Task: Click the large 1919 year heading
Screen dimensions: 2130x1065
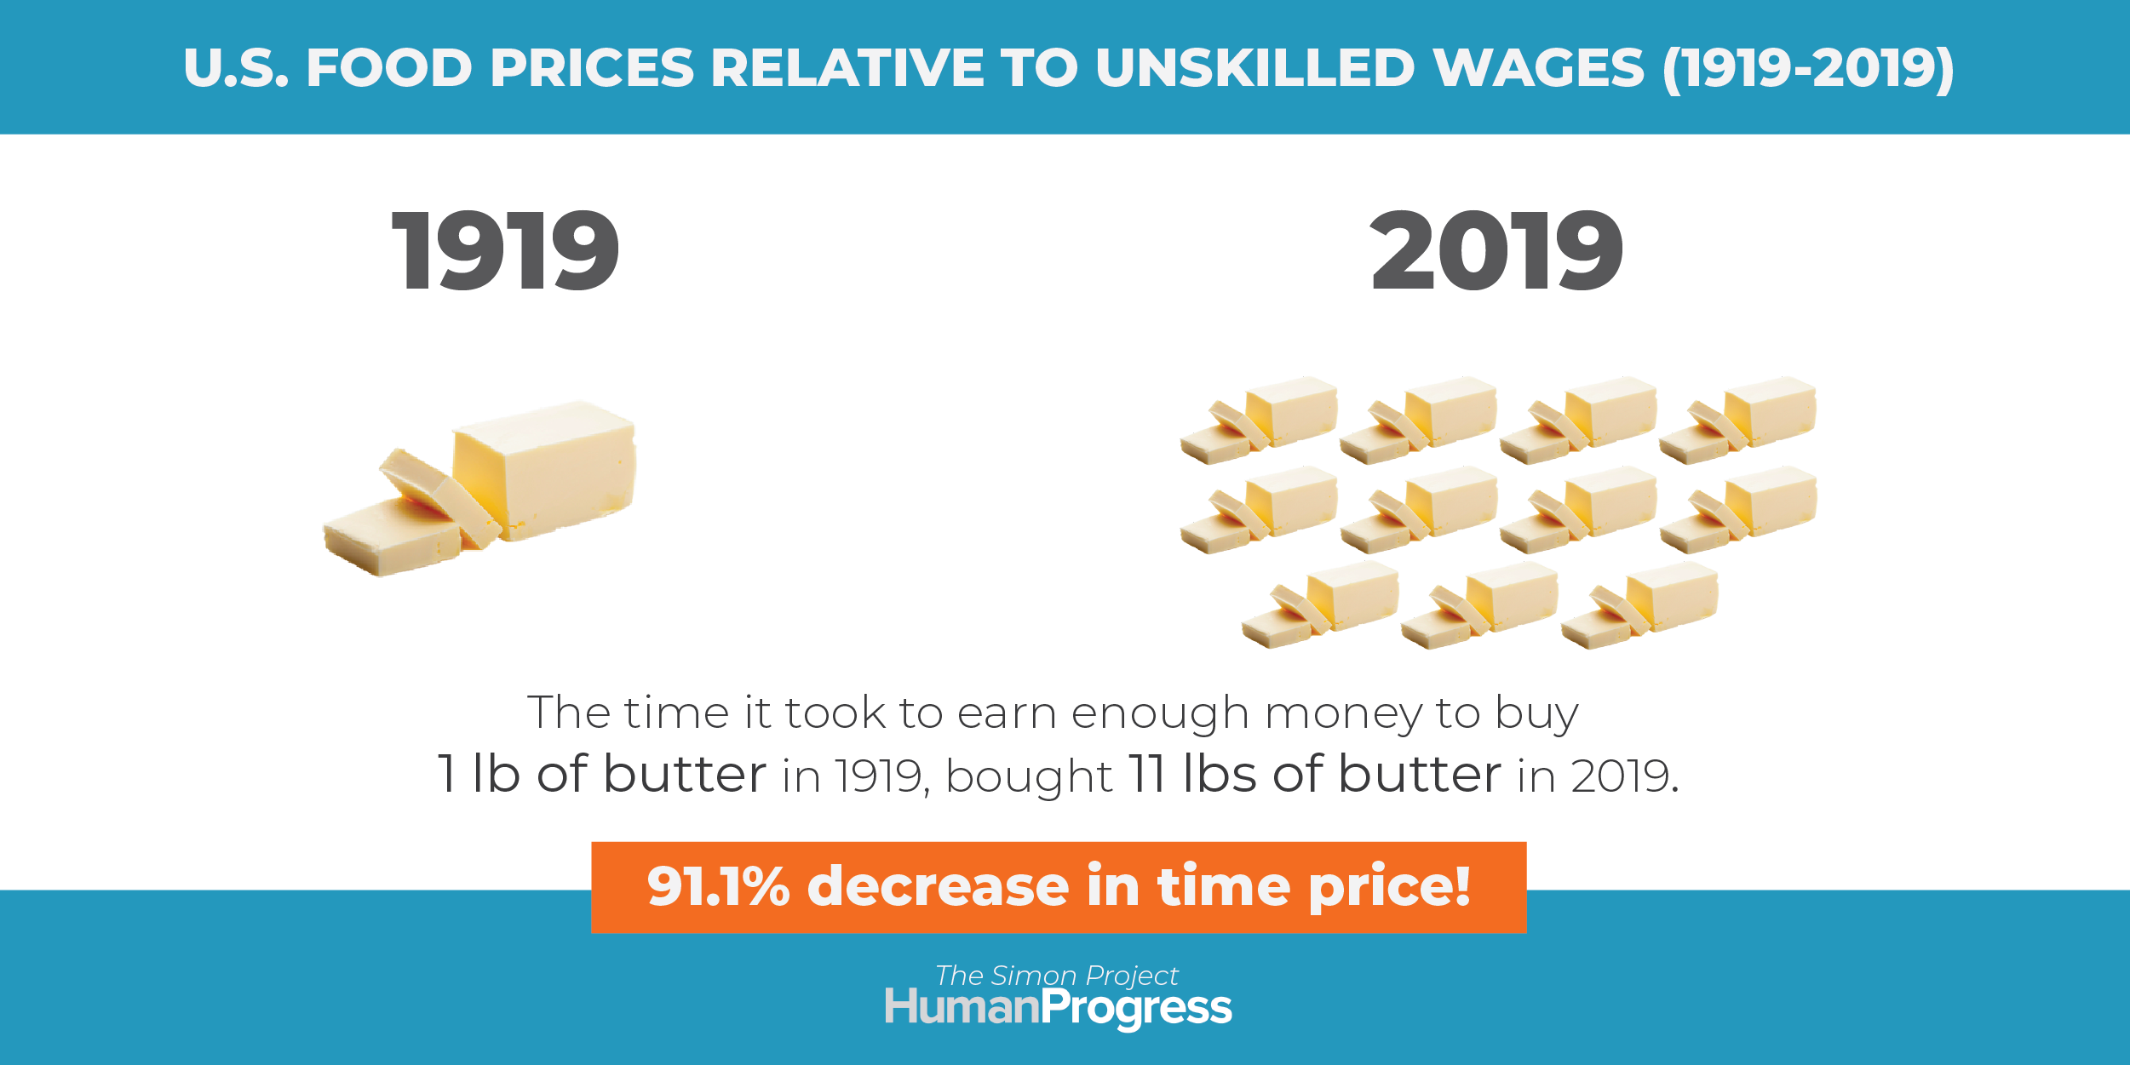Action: click(x=506, y=250)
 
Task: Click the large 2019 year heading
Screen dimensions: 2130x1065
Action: click(x=1496, y=250)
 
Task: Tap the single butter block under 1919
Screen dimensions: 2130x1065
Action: click(x=479, y=488)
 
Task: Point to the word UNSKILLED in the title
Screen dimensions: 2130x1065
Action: click(x=1255, y=67)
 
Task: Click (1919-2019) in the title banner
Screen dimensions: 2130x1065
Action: click(x=1809, y=68)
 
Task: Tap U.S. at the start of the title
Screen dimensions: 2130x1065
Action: click(x=236, y=67)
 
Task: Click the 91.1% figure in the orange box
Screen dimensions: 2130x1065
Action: click(x=719, y=885)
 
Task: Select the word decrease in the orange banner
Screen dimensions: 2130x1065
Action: click(x=938, y=885)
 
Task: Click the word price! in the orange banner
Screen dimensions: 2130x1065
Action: click(x=1389, y=887)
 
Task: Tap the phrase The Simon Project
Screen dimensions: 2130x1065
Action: click(x=1057, y=976)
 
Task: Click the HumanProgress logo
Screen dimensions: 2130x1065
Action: click(x=1058, y=1008)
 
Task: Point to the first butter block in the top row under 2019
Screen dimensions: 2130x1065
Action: click(x=1259, y=420)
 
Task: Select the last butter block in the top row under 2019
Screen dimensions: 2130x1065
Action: click(x=1738, y=420)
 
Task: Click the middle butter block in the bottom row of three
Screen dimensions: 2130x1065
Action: click(x=1480, y=604)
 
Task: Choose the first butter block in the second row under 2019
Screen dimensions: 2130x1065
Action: click(x=1259, y=509)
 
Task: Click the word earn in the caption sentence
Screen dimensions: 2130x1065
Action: click(x=1007, y=713)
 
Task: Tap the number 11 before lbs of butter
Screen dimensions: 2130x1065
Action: click(x=1147, y=774)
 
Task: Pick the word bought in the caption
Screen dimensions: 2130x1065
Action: click(x=1029, y=776)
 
